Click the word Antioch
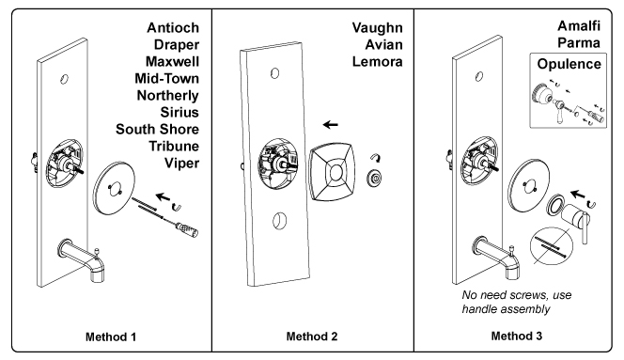click(x=173, y=28)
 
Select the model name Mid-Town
click(x=166, y=78)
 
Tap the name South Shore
click(x=157, y=130)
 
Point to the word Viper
click(x=182, y=164)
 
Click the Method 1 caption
click(x=111, y=337)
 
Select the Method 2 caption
click(x=312, y=337)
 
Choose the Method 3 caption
click(x=517, y=337)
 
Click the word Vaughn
click(x=377, y=28)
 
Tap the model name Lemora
click(x=377, y=62)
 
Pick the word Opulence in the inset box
click(x=569, y=64)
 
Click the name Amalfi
click(x=579, y=26)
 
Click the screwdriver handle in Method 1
click(x=186, y=229)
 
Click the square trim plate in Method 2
click(x=331, y=171)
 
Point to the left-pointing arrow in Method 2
click(x=330, y=125)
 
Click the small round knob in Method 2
click(x=374, y=178)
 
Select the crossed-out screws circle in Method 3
click(x=552, y=245)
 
